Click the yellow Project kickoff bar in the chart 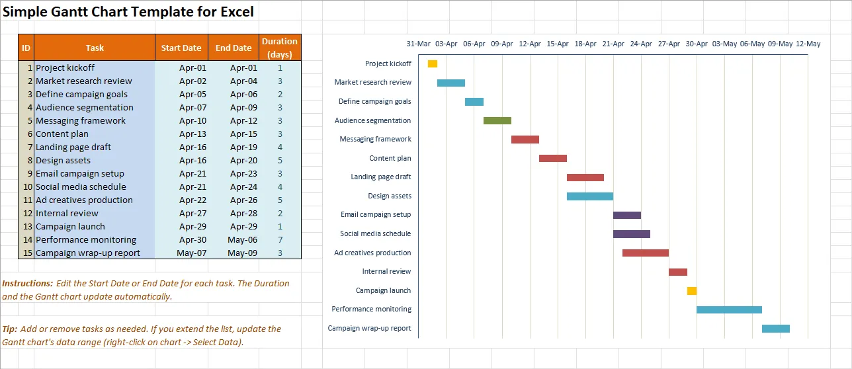click(433, 63)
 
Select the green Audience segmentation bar click(497, 120)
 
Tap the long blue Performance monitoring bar click(729, 309)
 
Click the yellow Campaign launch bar click(692, 291)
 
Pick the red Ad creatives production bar click(646, 253)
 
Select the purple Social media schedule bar click(632, 234)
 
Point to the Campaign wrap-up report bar click(776, 329)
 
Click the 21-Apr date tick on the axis click(613, 44)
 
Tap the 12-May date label click(808, 44)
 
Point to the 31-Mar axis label click(418, 44)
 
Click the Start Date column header click(181, 48)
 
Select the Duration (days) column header click(280, 48)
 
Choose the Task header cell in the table click(95, 48)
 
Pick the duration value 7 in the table click(280, 240)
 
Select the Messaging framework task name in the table click(81, 121)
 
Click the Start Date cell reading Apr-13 click(192, 134)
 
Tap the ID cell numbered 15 click(27, 253)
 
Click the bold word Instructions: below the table click(28, 284)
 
